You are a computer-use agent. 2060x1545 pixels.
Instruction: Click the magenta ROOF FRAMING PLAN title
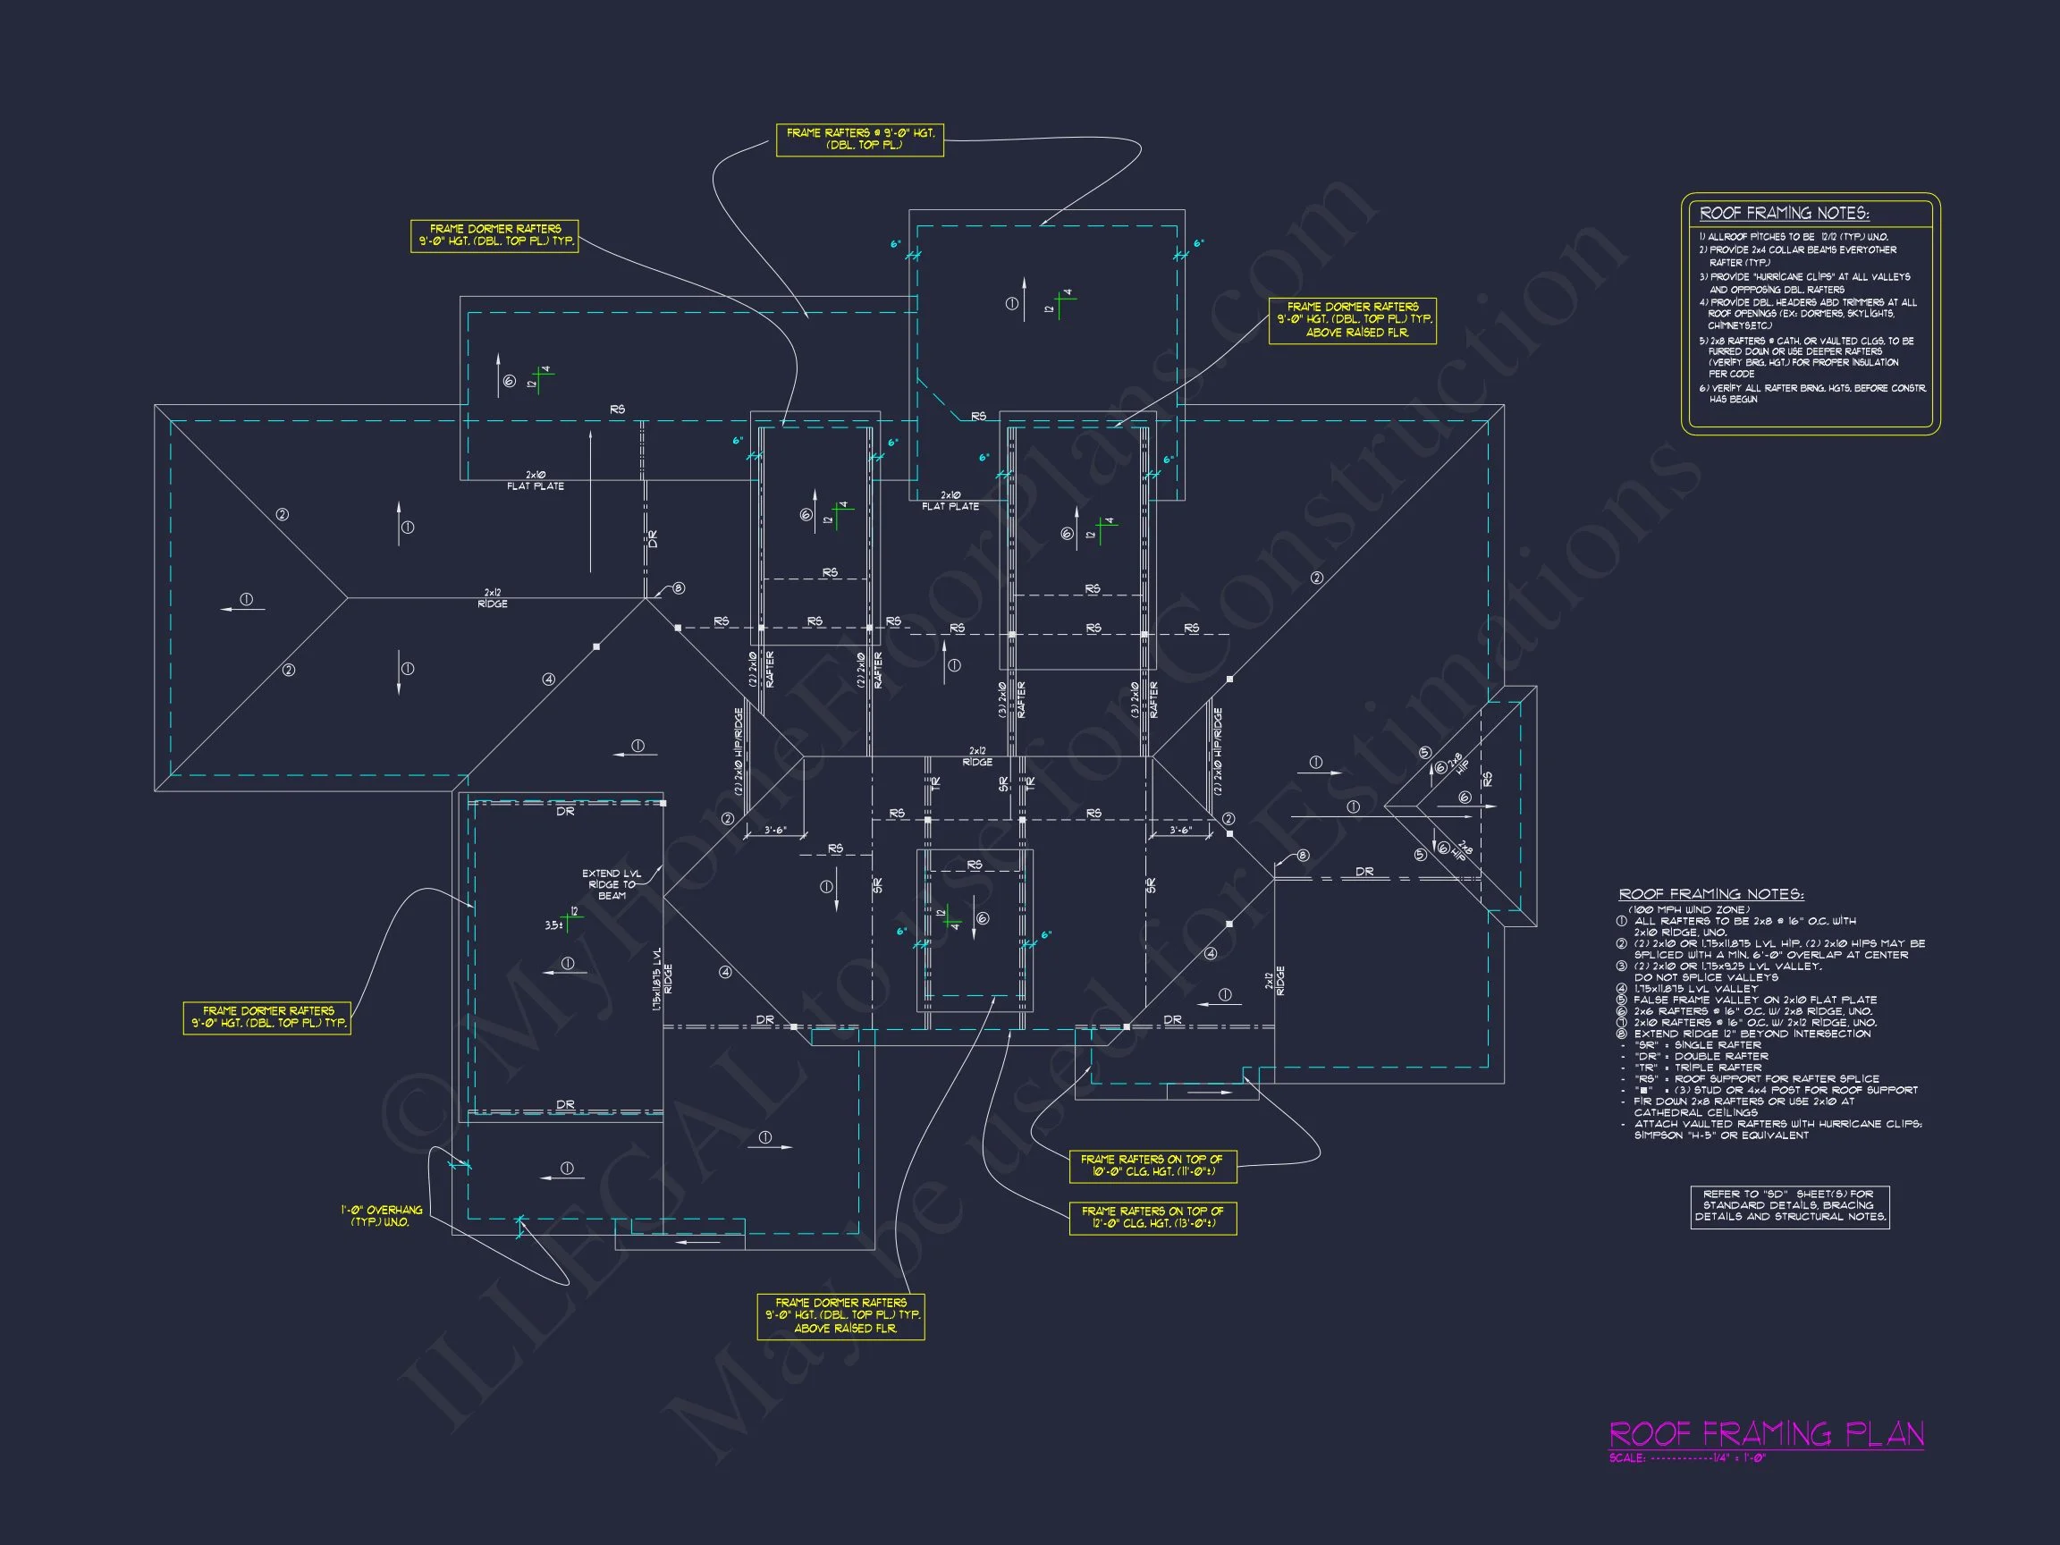click(x=1766, y=1434)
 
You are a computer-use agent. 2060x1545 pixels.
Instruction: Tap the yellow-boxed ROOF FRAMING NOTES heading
click(x=1784, y=214)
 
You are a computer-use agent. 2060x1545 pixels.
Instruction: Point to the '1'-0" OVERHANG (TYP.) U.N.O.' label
click(x=381, y=1215)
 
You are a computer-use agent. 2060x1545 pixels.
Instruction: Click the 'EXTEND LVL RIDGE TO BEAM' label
click(x=611, y=883)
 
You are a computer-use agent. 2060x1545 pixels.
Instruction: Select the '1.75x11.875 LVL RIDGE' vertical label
click(x=662, y=980)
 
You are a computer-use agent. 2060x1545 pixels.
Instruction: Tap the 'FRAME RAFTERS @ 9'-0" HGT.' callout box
click(x=859, y=139)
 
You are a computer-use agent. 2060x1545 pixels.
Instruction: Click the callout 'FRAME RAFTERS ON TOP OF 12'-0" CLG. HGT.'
click(x=1152, y=1216)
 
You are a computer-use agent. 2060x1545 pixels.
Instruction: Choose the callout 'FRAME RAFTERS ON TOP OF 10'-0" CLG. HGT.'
click(x=1152, y=1165)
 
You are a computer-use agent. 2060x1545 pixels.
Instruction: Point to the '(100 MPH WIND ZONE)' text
click(x=1688, y=910)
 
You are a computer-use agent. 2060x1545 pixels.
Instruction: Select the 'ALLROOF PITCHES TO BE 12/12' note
click(x=1793, y=238)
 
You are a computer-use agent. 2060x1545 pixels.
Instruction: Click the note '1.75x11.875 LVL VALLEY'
click(x=1695, y=989)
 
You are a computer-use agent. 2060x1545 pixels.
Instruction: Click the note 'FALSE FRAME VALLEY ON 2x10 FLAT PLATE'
click(x=1754, y=1000)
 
